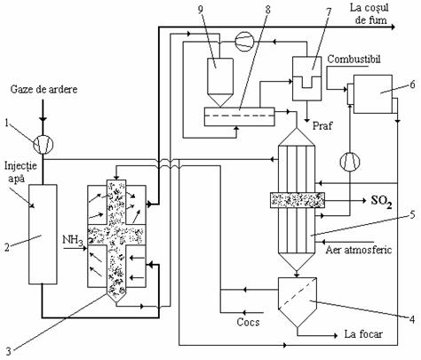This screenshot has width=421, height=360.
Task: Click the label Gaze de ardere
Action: tap(44, 89)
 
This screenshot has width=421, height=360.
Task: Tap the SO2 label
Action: tap(382, 202)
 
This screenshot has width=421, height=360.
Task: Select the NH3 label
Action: tap(73, 240)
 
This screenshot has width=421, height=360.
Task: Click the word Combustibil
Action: tap(353, 59)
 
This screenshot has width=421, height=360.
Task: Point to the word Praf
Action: tap(322, 125)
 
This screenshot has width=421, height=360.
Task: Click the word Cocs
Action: tap(248, 322)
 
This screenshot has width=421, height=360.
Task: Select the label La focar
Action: tap(363, 334)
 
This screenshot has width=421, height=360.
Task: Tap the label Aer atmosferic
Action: tap(359, 250)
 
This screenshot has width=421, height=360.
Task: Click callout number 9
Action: tap(201, 10)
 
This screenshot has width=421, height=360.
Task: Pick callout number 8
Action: tap(267, 10)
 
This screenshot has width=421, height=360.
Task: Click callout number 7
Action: tap(329, 12)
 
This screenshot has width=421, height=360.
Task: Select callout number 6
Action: tap(412, 84)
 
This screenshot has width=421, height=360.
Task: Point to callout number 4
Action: tap(412, 319)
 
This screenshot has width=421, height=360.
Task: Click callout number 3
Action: tap(9, 351)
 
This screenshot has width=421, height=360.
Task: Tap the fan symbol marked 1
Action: tap(43, 144)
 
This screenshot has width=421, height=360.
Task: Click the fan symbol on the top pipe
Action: tap(244, 42)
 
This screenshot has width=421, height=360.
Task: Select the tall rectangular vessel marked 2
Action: tap(43, 235)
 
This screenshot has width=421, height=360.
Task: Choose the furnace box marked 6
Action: tap(373, 94)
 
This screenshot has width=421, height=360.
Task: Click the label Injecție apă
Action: tap(20, 172)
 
